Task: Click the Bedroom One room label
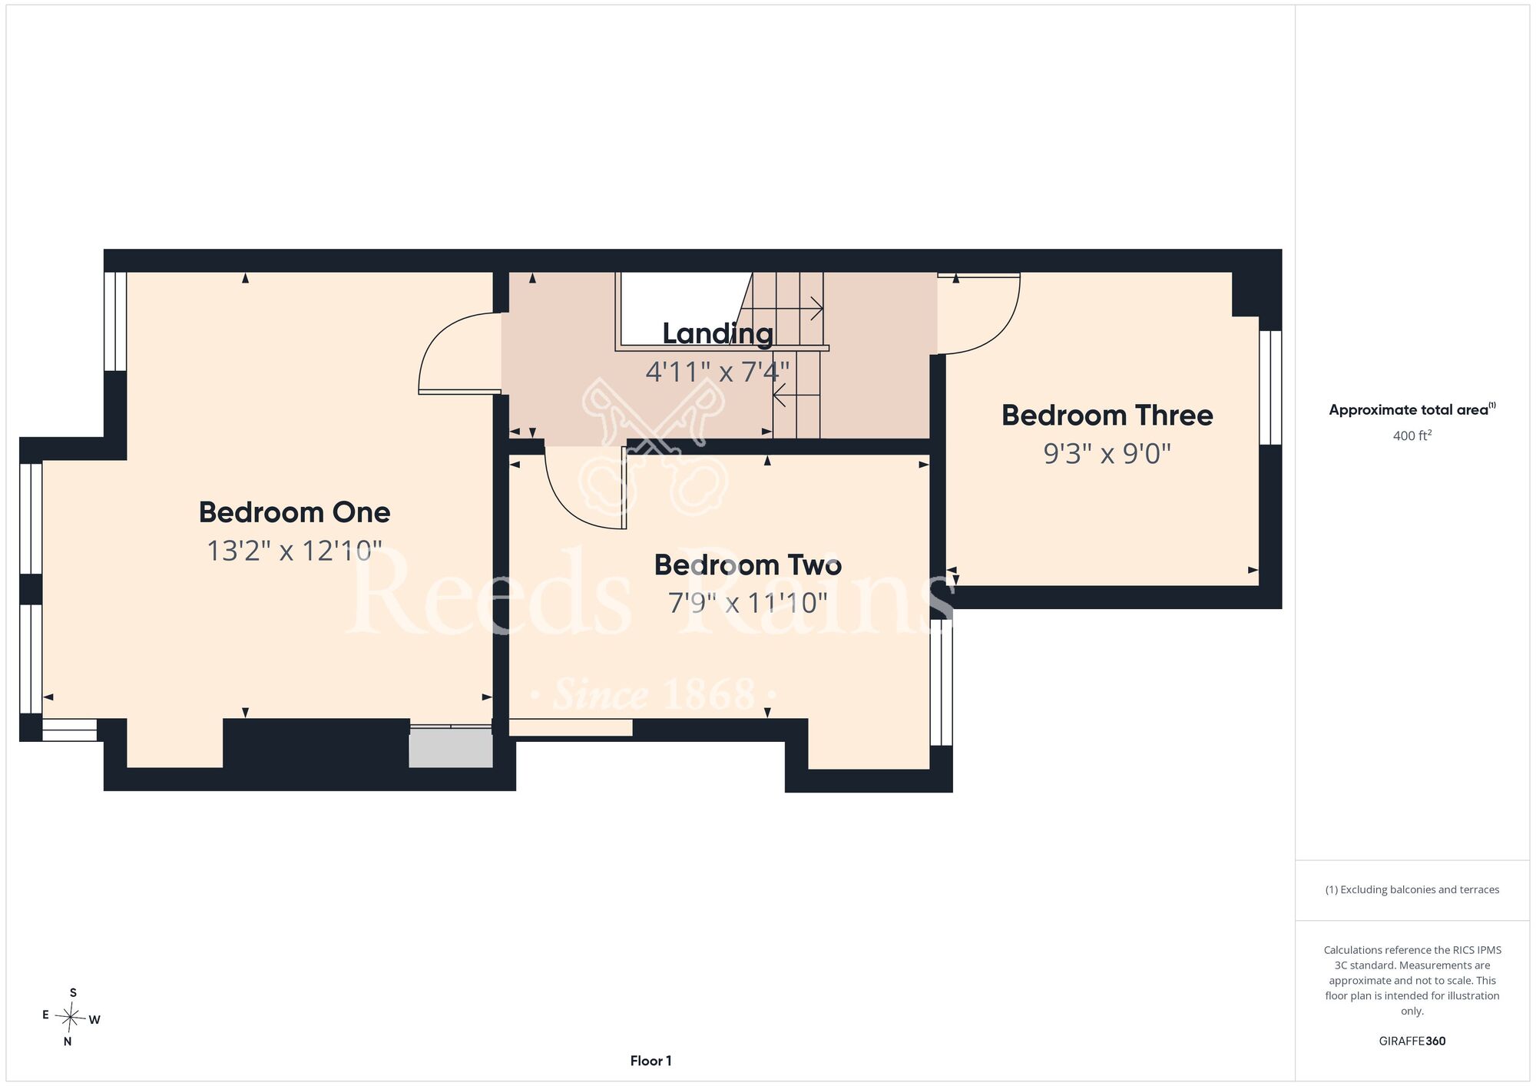(x=294, y=512)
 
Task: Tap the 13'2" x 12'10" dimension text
(x=294, y=551)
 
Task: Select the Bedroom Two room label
(x=748, y=565)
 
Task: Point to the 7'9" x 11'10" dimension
(x=748, y=603)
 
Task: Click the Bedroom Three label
(x=1107, y=416)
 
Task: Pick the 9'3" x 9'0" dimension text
(x=1107, y=454)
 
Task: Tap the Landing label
(x=718, y=334)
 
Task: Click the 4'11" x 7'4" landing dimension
(x=717, y=372)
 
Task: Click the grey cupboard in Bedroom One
(x=451, y=747)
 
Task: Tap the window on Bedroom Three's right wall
(x=1271, y=388)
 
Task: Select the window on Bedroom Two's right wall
(x=942, y=682)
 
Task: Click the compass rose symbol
(x=71, y=1018)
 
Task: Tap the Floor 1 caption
(x=650, y=1061)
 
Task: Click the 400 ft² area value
(x=1412, y=435)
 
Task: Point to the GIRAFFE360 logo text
(x=1412, y=1041)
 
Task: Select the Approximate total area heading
(x=1412, y=409)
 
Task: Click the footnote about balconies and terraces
(x=1412, y=889)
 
